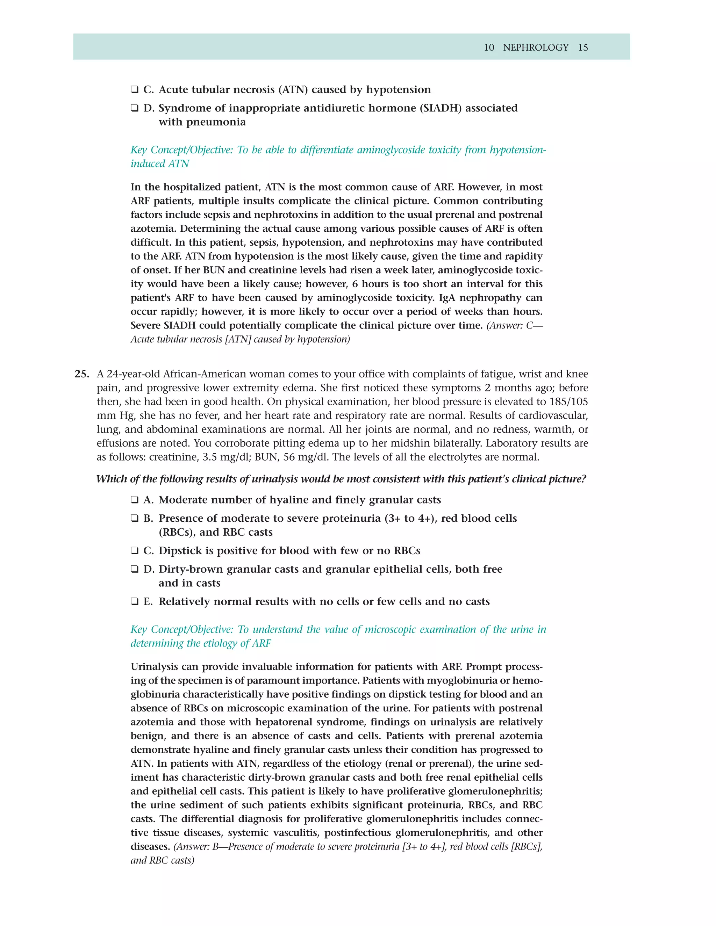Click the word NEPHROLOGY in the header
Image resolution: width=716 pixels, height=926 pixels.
[535, 48]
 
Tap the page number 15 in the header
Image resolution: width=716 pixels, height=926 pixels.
[583, 48]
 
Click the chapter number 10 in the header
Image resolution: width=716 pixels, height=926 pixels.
[489, 48]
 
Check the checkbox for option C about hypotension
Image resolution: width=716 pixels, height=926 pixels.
[135, 89]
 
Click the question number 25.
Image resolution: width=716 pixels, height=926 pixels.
[82, 374]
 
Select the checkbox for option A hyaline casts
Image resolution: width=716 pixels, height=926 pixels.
[135, 500]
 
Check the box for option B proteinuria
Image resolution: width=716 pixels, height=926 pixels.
[135, 519]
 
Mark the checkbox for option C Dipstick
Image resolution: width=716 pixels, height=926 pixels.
[135, 551]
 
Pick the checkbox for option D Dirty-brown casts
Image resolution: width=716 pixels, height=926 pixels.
[135, 570]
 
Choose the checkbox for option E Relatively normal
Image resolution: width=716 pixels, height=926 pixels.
[135, 602]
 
